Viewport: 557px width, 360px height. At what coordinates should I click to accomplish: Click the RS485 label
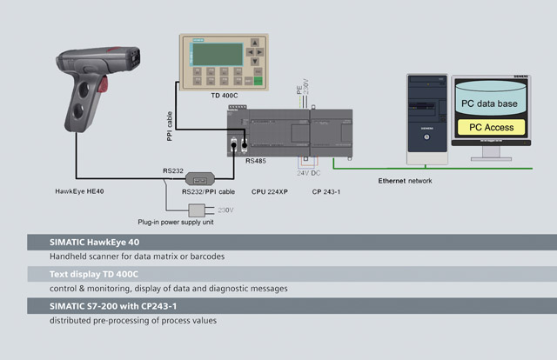point(257,162)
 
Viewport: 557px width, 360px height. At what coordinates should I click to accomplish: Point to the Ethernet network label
point(405,181)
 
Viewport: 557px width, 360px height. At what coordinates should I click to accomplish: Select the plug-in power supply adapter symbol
point(198,210)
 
